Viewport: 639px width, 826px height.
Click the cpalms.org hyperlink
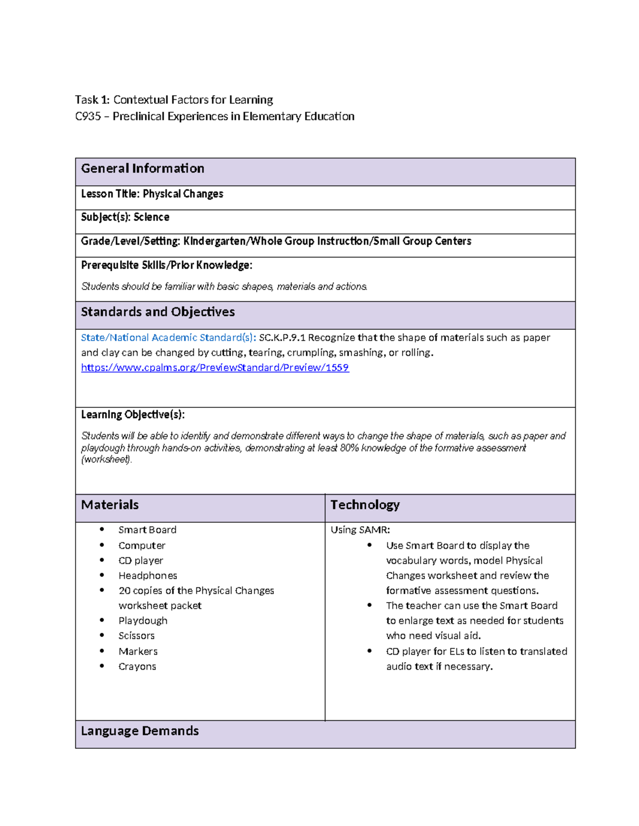click(215, 368)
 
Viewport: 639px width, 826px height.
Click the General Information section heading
click(142, 169)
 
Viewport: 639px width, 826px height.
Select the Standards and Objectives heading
click(158, 312)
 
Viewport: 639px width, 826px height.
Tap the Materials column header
click(110, 505)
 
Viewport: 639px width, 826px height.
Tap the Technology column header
click(365, 505)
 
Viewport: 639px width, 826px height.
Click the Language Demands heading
click(140, 731)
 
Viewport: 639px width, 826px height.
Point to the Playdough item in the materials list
click(143, 621)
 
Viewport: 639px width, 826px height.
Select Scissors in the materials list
click(136, 636)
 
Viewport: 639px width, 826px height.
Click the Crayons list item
click(137, 666)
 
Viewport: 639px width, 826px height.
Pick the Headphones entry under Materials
click(148, 575)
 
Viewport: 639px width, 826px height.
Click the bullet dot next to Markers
click(102, 651)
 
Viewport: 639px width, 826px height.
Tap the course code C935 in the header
click(88, 116)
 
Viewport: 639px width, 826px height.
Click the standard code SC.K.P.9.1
click(282, 338)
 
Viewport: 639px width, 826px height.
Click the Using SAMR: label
click(360, 530)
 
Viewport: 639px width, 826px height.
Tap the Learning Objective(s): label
click(133, 414)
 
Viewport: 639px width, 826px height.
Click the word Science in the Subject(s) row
click(151, 217)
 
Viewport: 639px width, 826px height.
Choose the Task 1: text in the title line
click(92, 100)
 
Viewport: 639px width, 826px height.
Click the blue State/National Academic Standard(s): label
click(168, 338)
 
